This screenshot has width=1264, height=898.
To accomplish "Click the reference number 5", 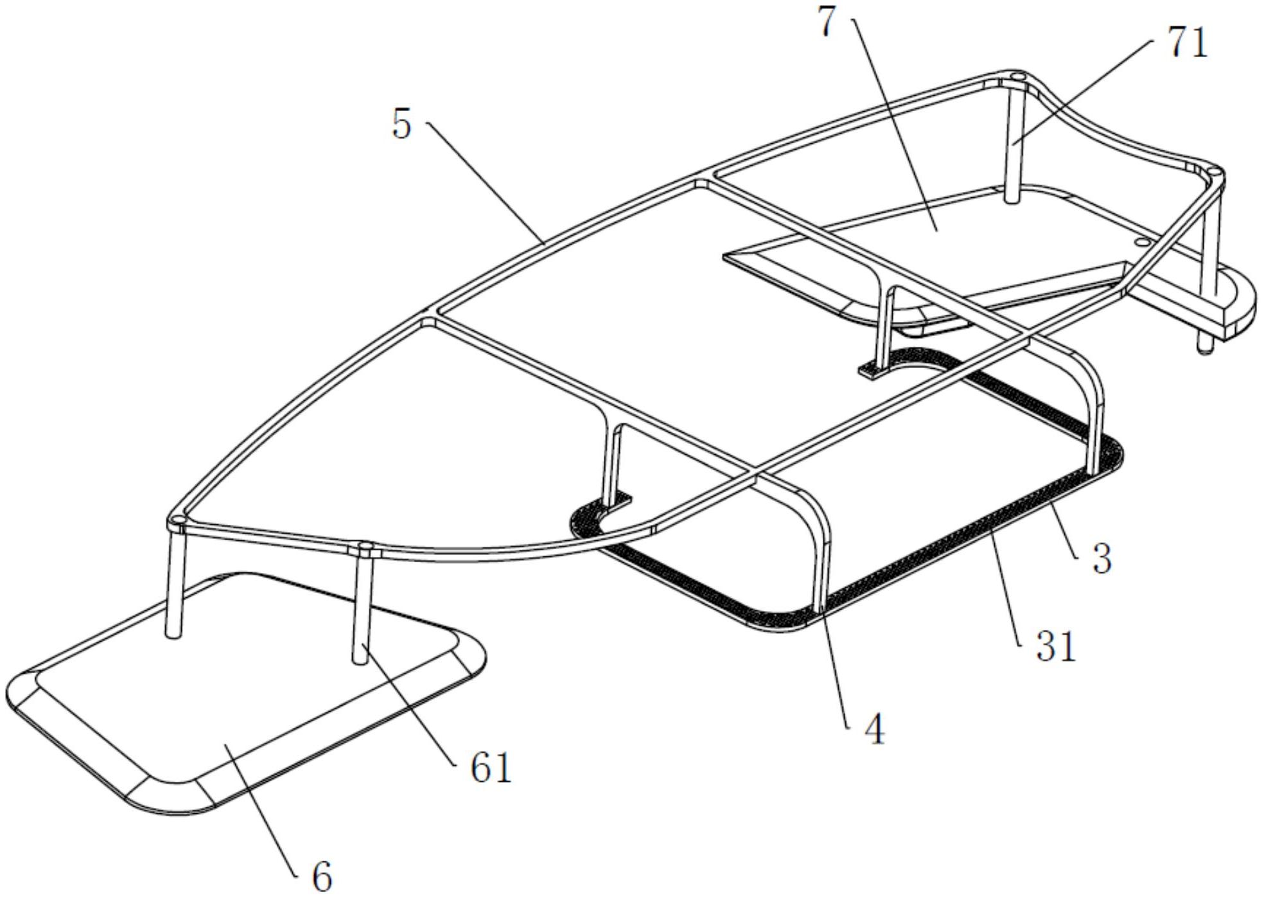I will point(402,125).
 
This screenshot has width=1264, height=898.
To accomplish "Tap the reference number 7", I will point(828,22).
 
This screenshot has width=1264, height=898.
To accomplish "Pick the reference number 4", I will point(875,730).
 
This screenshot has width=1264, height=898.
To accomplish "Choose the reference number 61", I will point(491,768).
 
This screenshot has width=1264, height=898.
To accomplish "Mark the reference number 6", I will point(322,875).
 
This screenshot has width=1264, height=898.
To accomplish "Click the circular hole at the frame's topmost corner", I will point(1015,76).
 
